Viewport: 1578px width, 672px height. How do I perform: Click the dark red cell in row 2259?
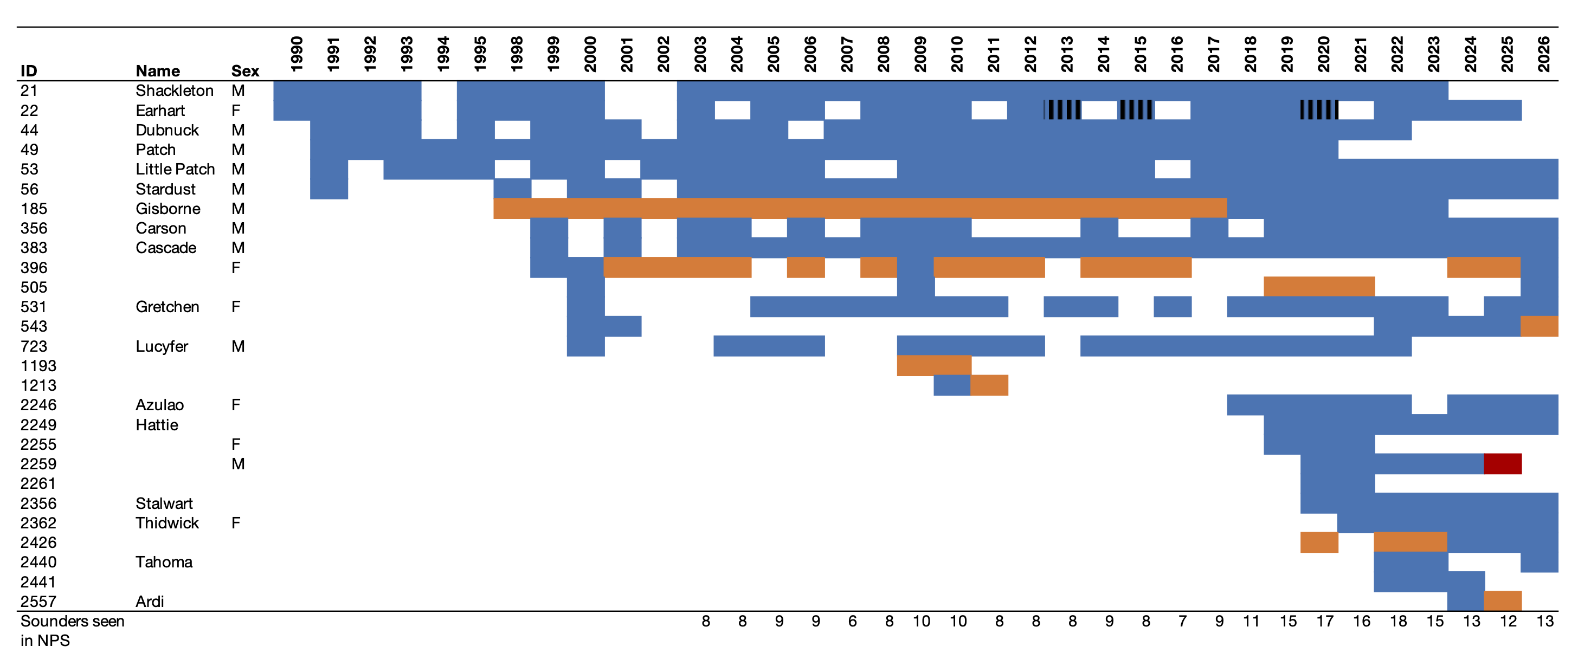tap(1502, 464)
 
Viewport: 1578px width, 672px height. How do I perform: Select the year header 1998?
tap(517, 54)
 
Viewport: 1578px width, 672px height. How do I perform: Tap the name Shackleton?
tap(175, 91)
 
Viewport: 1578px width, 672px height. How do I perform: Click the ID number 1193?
tap(38, 366)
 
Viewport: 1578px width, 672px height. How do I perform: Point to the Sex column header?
tap(245, 71)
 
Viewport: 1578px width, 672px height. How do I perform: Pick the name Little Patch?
tap(175, 169)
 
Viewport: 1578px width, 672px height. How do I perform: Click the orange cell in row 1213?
tap(989, 385)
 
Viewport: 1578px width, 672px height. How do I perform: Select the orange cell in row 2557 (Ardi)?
tap(1502, 601)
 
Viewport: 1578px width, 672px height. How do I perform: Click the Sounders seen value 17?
tap(1324, 621)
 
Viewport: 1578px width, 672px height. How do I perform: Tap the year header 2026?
tap(1543, 54)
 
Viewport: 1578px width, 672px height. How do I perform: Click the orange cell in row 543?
tap(1539, 326)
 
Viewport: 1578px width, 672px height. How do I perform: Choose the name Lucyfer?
tap(162, 346)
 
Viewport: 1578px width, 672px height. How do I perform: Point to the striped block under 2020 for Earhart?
tap(1319, 110)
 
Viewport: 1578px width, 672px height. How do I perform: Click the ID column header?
tap(29, 71)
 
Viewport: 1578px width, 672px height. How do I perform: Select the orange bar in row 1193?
tap(933, 366)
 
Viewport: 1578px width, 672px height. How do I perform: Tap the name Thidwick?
tap(168, 522)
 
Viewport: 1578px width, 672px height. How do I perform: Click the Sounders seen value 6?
tap(852, 621)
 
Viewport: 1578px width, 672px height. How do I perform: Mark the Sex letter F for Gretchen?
tap(236, 307)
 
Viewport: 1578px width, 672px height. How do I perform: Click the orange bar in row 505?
tap(1319, 287)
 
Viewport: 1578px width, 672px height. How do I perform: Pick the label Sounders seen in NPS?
tap(72, 630)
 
